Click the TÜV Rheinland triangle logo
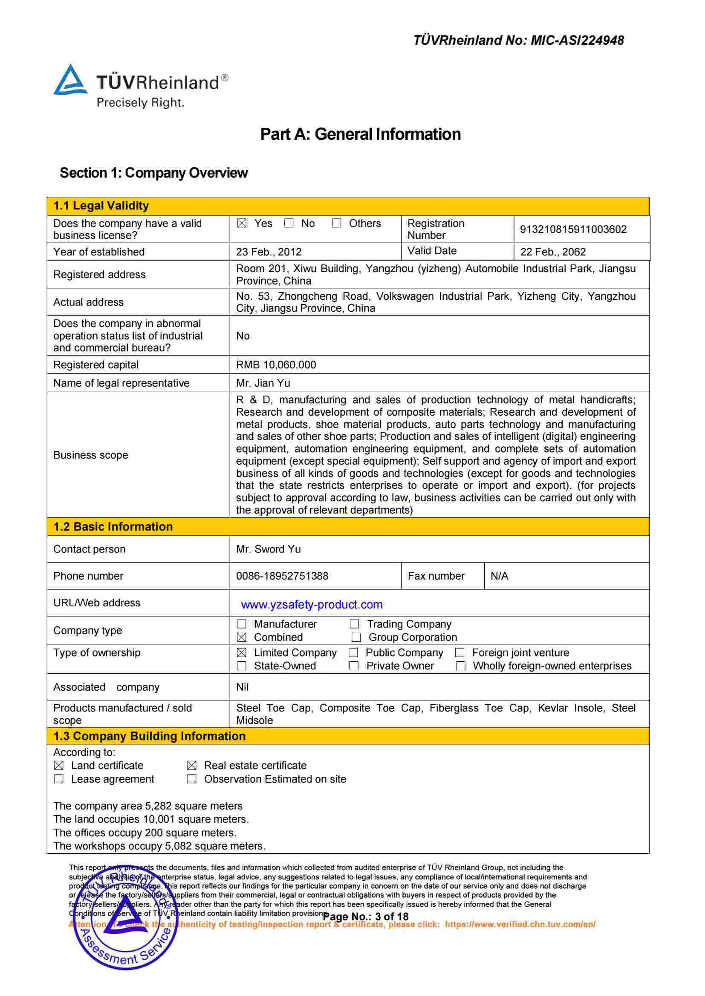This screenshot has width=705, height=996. [70, 80]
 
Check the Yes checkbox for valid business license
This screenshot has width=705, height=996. [242, 224]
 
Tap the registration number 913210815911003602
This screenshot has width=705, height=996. [573, 230]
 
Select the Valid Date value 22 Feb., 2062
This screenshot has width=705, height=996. [553, 252]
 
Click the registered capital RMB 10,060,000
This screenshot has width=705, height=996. [276, 365]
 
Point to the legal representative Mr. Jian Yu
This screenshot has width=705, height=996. [263, 383]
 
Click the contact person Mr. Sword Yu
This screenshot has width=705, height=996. [268, 549]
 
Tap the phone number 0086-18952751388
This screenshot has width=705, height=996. [282, 576]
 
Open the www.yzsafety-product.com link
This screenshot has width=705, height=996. [311, 604]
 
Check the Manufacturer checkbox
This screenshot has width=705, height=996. [242, 624]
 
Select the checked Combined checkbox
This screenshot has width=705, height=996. [242, 637]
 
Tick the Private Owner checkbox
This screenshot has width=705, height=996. [354, 666]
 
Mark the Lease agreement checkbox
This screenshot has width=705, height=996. [58, 779]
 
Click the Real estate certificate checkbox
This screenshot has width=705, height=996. [191, 766]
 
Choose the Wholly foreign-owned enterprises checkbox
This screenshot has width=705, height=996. [461, 666]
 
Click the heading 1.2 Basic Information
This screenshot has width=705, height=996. [113, 527]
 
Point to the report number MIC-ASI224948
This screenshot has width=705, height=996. [577, 40]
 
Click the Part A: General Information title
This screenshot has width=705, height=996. [360, 134]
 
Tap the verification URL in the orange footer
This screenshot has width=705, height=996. [520, 924]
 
